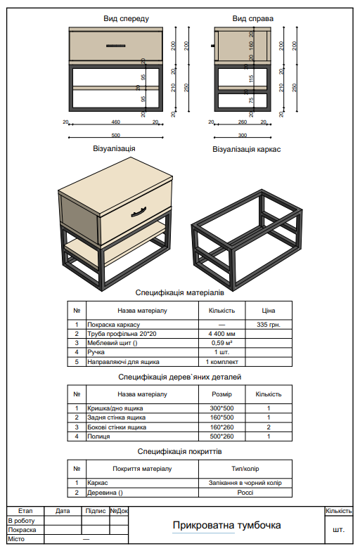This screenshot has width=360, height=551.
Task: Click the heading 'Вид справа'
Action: pyautogui.click(x=252, y=18)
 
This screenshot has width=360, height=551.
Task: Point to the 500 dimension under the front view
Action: pyautogui.click(x=116, y=134)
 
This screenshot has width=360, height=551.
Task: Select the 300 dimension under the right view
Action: pyautogui.click(x=243, y=134)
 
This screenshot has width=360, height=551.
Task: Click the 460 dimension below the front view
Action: pyautogui.click(x=116, y=122)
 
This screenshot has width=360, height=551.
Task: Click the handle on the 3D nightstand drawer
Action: pyautogui.click(x=138, y=210)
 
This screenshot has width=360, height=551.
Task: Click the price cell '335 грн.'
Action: pyautogui.click(x=269, y=324)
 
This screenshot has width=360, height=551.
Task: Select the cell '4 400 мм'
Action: pyautogui.click(x=222, y=334)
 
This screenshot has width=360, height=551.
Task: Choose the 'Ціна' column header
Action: pyautogui.click(x=269, y=310)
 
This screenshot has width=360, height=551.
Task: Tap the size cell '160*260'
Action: pyautogui.click(x=222, y=427)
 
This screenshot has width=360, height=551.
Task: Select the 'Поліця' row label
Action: pyautogui.click(x=98, y=436)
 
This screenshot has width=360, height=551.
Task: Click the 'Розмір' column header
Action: pyautogui.click(x=222, y=394)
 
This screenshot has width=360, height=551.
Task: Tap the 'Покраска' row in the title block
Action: pyautogui.click(x=22, y=529)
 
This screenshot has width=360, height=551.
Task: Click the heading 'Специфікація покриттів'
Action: pyautogui.click(x=179, y=451)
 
